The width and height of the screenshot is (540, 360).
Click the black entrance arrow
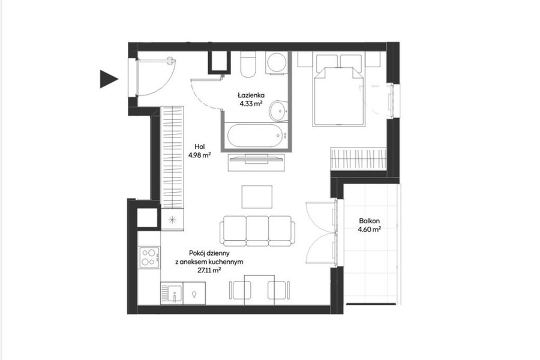pyautogui.click(x=108, y=79)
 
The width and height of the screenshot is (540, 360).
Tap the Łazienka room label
pyautogui.click(x=251, y=95)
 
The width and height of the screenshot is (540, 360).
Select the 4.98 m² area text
pyautogui.click(x=200, y=155)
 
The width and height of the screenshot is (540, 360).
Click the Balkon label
pyautogui.click(x=369, y=221)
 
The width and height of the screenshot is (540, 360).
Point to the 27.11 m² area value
pyautogui.click(x=209, y=271)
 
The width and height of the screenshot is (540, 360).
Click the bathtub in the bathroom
pyautogui.click(x=256, y=136)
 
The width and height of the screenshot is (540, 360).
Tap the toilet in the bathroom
pyautogui.click(x=248, y=64)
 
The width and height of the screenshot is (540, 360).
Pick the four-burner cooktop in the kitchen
pyautogui.click(x=150, y=257)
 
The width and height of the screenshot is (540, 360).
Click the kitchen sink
pyautogui.click(x=172, y=293)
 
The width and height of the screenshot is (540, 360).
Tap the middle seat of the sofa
pyautogui.click(x=257, y=231)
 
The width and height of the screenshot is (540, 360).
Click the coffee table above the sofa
pyautogui.click(x=257, y=197)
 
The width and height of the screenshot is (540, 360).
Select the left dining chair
pyautogui.click(x=240, y=290)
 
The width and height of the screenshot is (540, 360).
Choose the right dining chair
pyautogui.click(x=278, y=290)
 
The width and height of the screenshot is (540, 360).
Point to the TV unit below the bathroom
pyautogui.click(x=257, y=161)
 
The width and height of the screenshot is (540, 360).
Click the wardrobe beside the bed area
pyautogui.click(x=358, y=158)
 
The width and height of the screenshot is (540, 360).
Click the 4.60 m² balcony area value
pyautogui.click(x=369, y=229)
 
